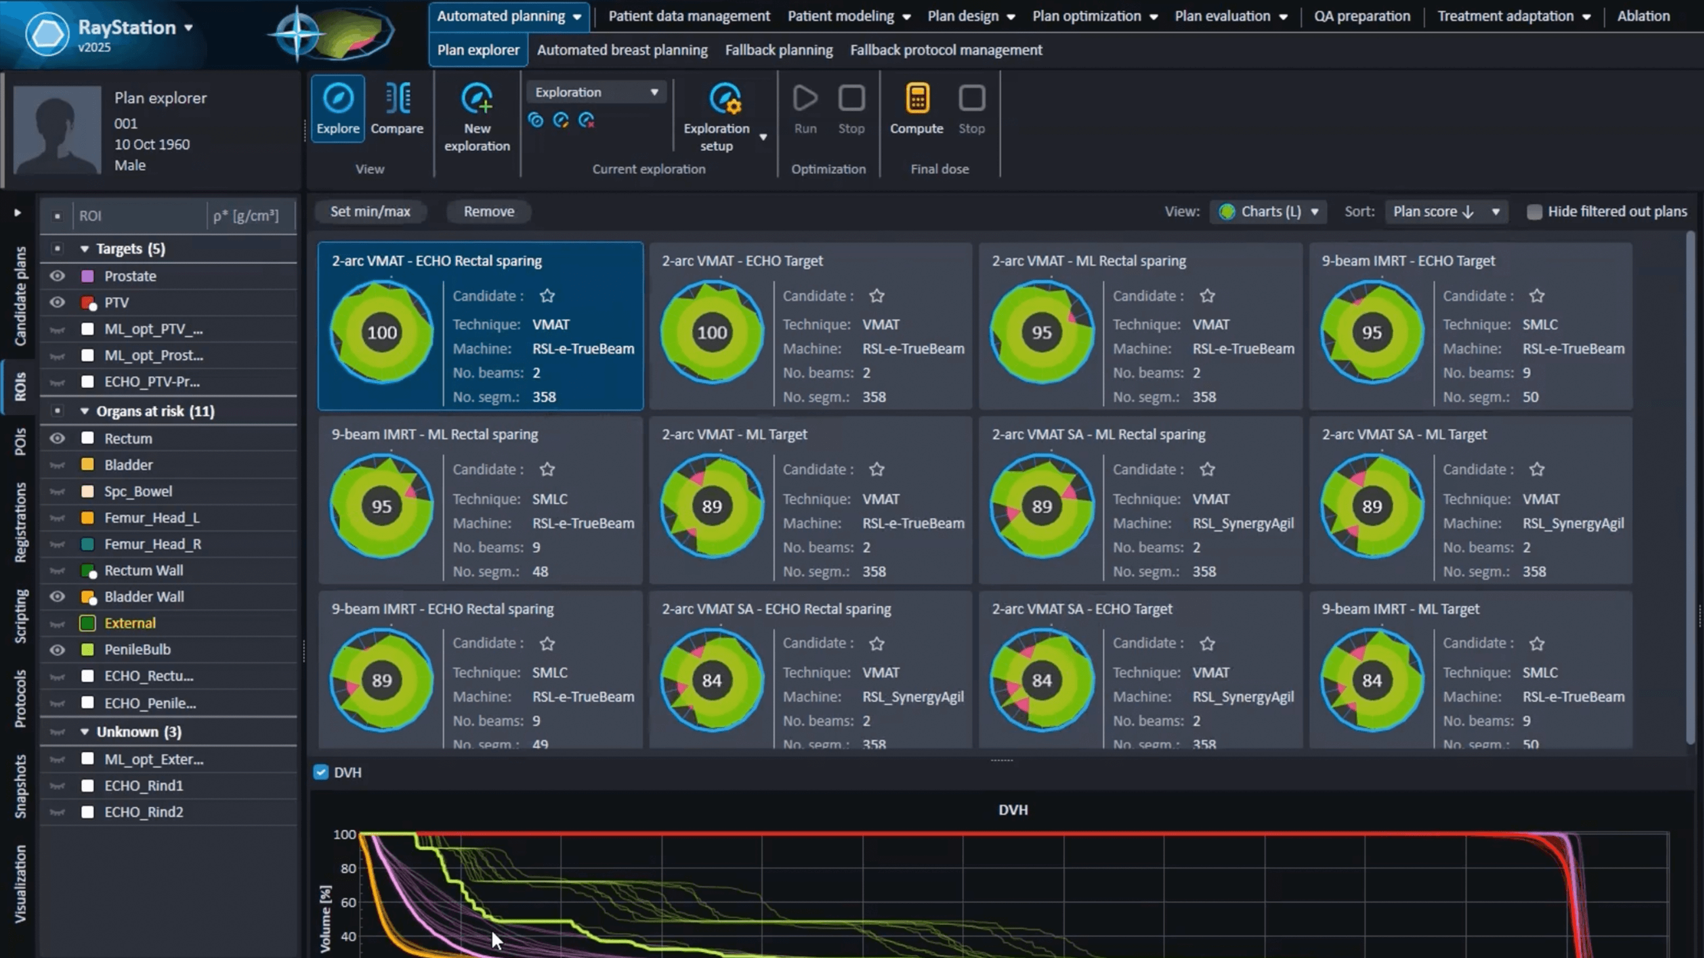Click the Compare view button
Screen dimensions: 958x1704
(397, 109)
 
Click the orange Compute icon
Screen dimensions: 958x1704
(917, 99)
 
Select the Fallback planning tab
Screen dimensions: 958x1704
(779, 50)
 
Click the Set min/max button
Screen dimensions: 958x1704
(370, 212)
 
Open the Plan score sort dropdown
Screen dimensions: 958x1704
(1446, 212)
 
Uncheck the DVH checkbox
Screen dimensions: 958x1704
(321, 772)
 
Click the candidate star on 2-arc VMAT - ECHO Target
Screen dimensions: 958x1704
(877, 296)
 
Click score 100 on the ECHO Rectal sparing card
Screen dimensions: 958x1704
(382, 332)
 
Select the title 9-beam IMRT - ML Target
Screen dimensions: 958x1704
(1400, 609)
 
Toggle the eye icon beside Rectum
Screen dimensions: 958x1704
(57, 438)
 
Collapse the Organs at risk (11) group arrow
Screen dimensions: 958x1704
(85, 411)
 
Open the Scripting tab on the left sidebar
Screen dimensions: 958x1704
(21, 616)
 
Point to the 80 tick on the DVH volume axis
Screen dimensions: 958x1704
(348, 868)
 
